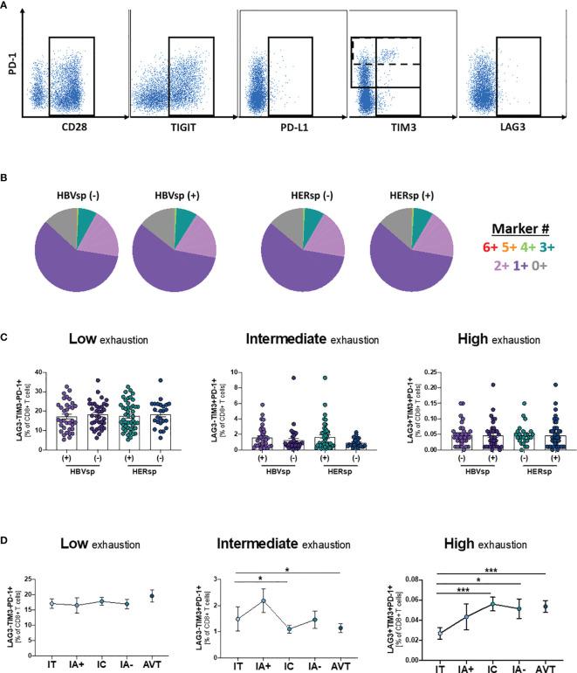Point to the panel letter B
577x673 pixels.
click(x=6, y=177)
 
